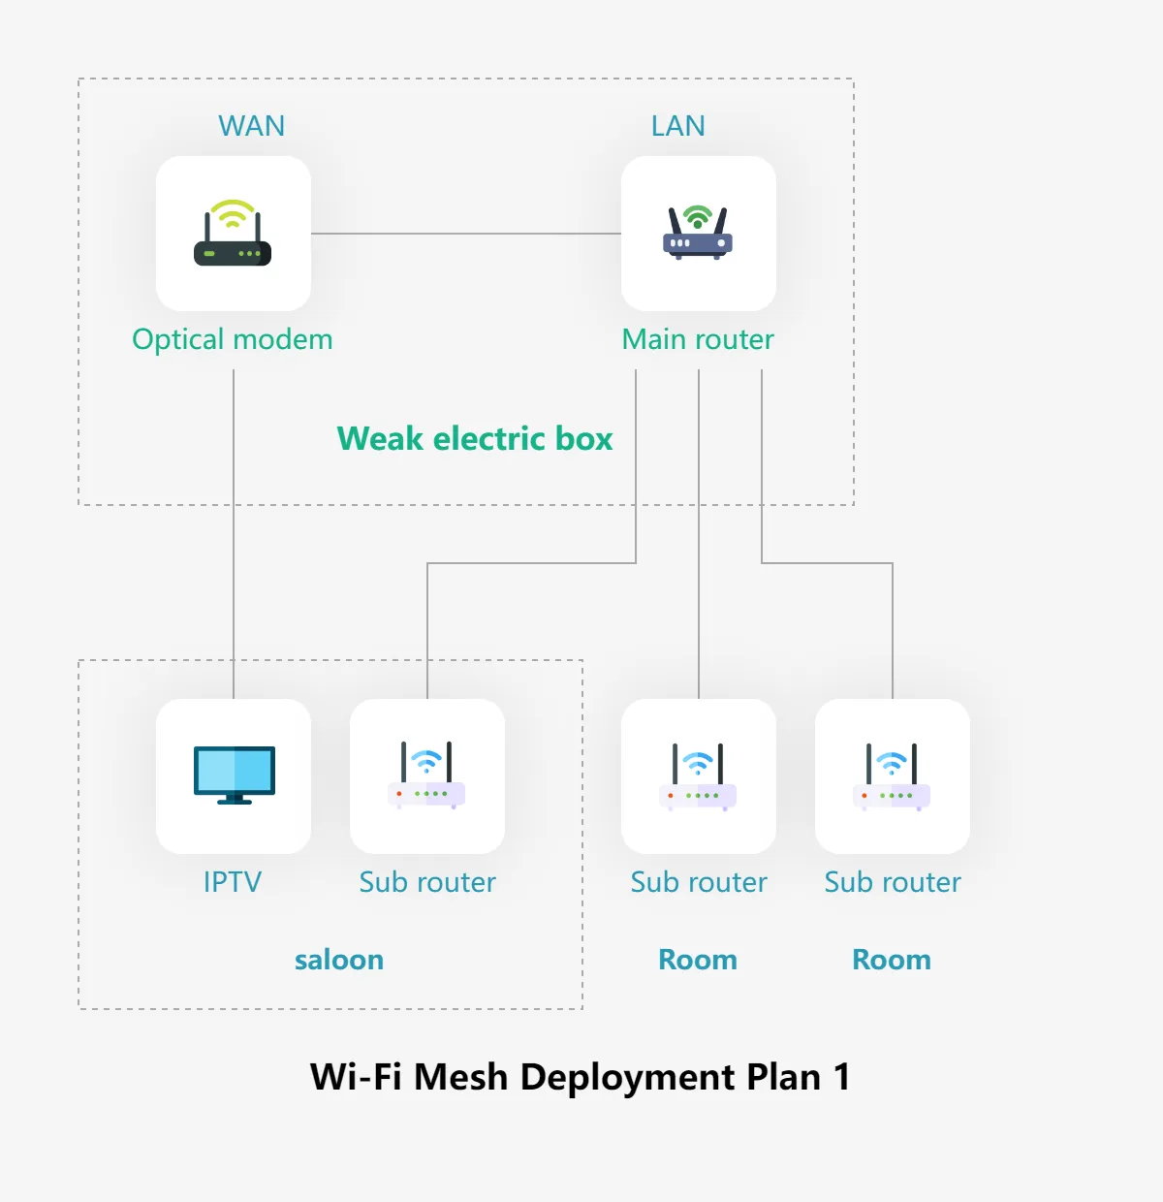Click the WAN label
(251, 126)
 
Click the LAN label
(678, 126)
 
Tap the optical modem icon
(233, 233)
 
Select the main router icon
(698, 233)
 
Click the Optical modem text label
(233, 339)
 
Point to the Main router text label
(698, 339)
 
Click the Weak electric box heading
(475, 438)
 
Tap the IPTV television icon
(235, 775)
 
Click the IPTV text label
(233, 881)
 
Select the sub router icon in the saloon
(426, 775)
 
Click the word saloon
(339, 960)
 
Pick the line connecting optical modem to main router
(466, 234)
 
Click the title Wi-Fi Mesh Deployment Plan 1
(581, 1077)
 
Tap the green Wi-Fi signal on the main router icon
(698, 215)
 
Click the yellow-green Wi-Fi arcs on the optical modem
(233, 213)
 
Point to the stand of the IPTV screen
(235, 800)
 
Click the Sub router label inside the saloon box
(427, 882)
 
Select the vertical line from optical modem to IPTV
(234, 534)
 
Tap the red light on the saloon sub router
(399, 794)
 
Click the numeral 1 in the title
(842, 1077)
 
